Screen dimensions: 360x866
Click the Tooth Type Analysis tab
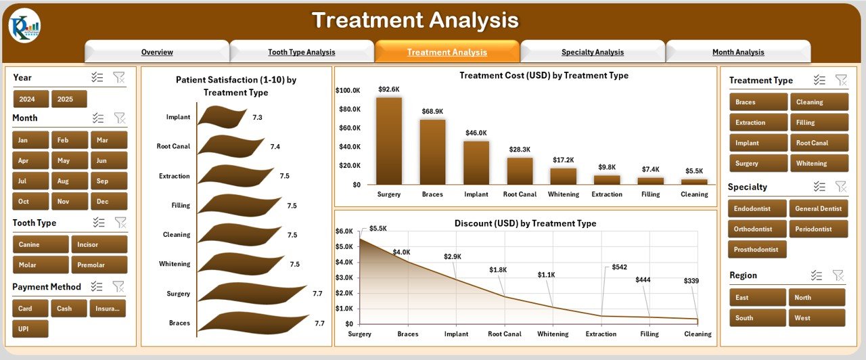(x=301, y=52)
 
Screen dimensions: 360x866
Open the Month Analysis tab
(x=737, y=52)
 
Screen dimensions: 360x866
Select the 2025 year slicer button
(x=69, y=99)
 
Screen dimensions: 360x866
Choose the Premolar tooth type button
(x=99, y=265)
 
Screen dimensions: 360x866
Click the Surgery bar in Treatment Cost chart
(x=389, y=141)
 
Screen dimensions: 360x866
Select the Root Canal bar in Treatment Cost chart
(x=520, y=171)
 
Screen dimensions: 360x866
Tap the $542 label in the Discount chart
(x=620, y=267)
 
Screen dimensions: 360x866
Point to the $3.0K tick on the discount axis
(x=344, y=277)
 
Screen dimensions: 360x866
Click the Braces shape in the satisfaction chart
(x=254, y=323)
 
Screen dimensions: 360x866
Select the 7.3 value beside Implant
(x=257, y=117)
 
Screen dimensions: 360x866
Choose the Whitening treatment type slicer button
(x=819, y=163)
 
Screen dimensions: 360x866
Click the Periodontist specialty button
(x=819, y=229)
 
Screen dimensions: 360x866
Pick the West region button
(x=816, y=317)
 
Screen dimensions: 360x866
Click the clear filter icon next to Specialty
(x=841, y=187)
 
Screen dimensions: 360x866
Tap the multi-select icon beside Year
(x=97, y=78)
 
